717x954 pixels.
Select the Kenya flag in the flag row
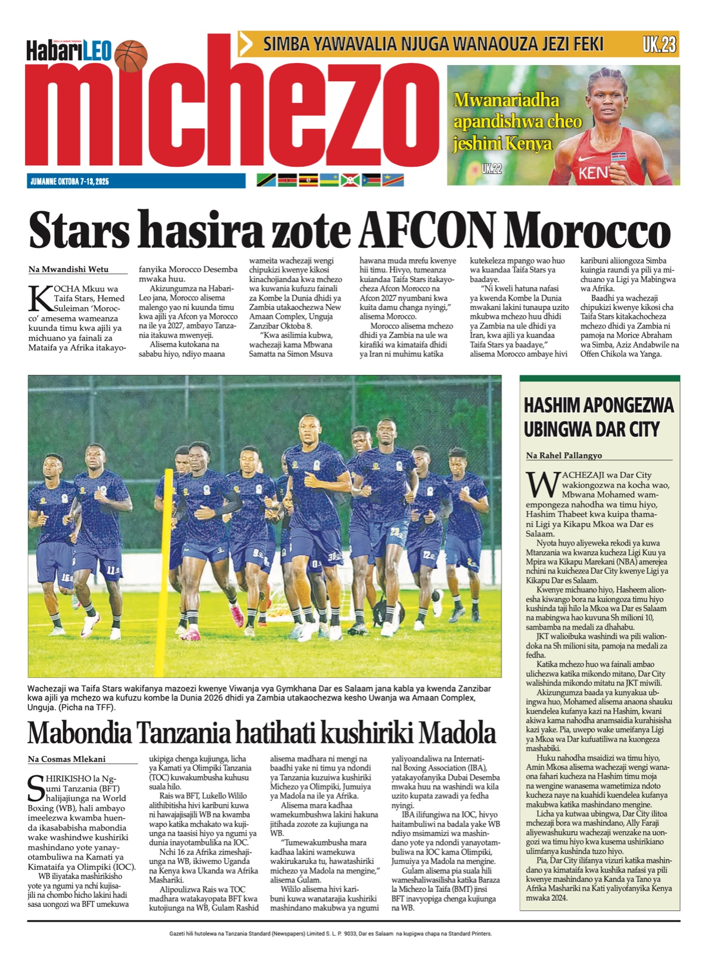tap(287, 180)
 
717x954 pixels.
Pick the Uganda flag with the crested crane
tap(308, 180)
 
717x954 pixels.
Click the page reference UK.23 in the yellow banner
tap(659, 44)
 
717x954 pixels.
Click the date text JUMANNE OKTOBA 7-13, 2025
tap(70, 181)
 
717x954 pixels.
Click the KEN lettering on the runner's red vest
tap(593, 173)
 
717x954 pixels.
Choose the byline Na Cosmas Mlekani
tap(67, 759)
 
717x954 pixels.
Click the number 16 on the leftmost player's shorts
tap(66, 578)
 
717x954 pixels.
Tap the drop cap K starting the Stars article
tap(39, 299)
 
